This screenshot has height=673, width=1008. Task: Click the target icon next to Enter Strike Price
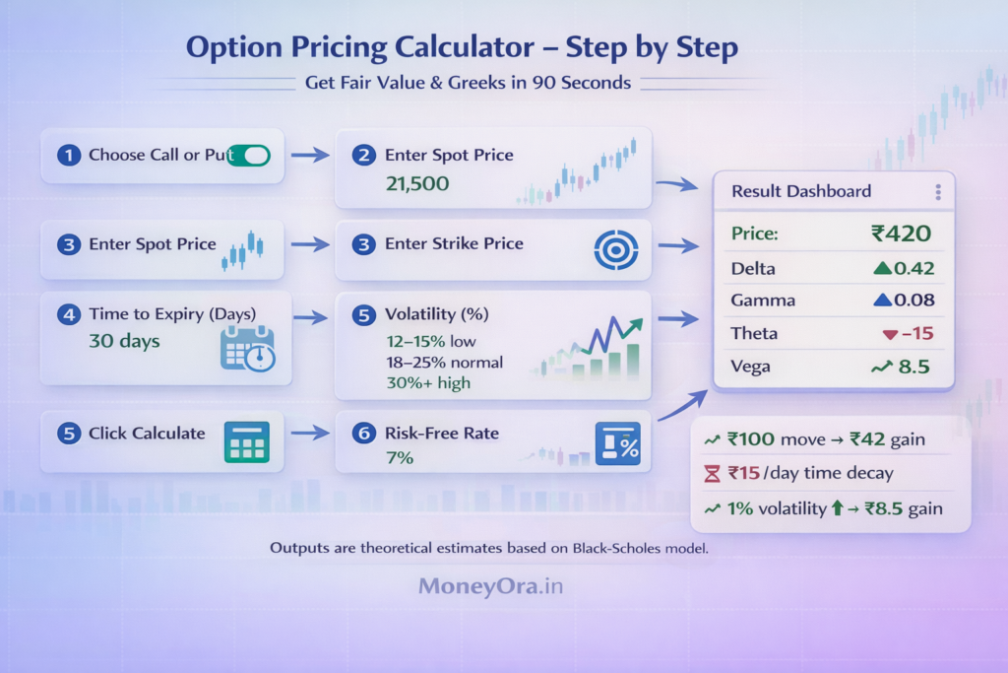pyautogui.click(x=616, y=248)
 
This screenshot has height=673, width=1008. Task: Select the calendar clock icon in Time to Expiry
pyautogui.click(x=247, y=349)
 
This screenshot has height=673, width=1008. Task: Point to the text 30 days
pyautogui.click(x=124, y=342)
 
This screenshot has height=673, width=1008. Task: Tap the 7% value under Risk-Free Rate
pyautogui.click(x=385, y=458)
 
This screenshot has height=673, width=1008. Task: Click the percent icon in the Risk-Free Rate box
pyautogui.click(x=617, y=443)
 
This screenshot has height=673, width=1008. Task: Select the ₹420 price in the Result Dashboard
pyautogui.click(x=901, y=234)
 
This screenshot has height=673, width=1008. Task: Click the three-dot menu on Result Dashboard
pyautogui.click(x=938, y=192)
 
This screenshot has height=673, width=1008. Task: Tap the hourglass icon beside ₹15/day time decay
pyautogui.click(x=713, y=474)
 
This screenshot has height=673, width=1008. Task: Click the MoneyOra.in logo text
pyautogui.click(x=491, y=586)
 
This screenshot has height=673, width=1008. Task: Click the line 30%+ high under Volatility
pyautogui.click(x=427, y=383)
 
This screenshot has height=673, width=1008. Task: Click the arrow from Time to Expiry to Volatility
pyautogui.click(x=311, y=317)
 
